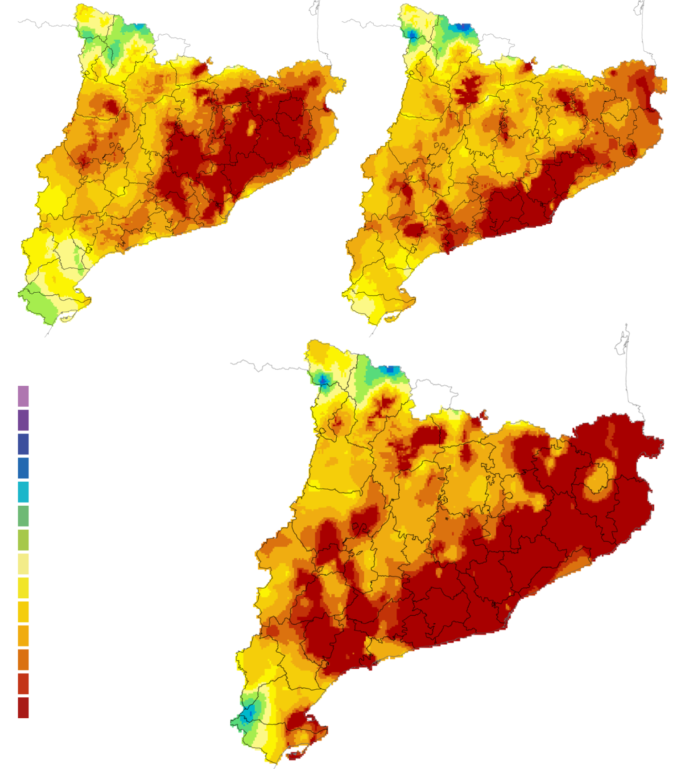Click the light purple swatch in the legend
23,396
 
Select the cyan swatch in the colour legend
23,492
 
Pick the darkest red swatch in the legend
23,708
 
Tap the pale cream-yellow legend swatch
23,564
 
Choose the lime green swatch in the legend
23,540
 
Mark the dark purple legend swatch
23,420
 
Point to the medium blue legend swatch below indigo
23,468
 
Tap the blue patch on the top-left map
141,27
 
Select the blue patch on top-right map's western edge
412,34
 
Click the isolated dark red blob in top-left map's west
110,106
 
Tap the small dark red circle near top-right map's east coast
630,150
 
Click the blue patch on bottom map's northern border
392,369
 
